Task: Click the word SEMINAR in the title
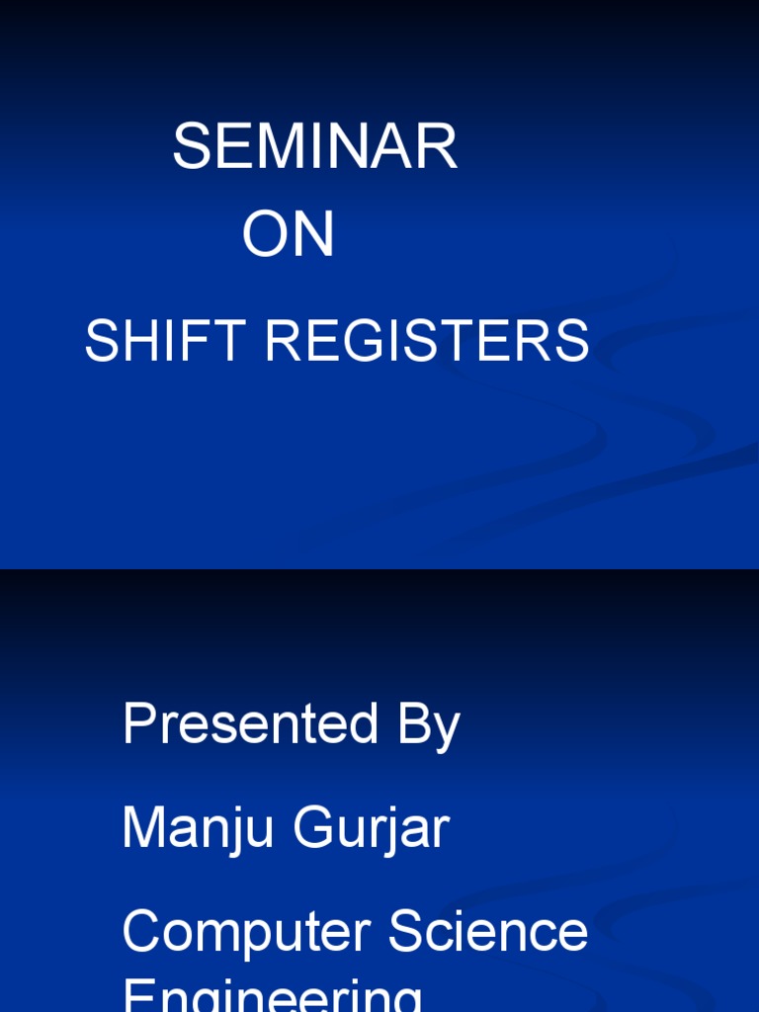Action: tap(314, 148)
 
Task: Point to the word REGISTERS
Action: tap(427, 343)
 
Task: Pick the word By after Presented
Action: tap(429, 726)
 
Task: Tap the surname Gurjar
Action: tap(371, 828)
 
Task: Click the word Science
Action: tap(488, 932)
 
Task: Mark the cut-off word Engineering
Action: tap(272, 996)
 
